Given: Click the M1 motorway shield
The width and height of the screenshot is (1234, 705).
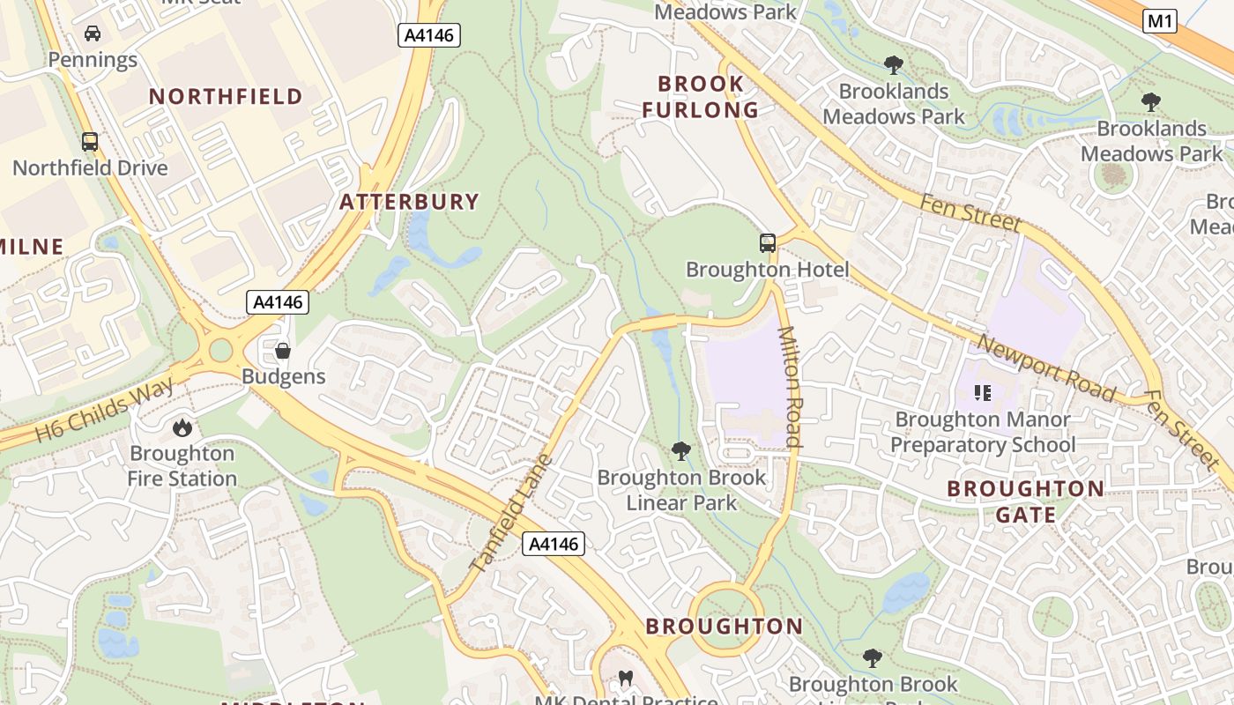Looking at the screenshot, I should click(x=1160, y=21).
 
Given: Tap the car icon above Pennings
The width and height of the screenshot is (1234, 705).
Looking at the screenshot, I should click(x=93, y=34).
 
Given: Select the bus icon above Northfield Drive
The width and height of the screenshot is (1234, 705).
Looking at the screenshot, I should click(x=90, y=142).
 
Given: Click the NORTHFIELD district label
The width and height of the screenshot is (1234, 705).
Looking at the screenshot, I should click(x=226, y=97).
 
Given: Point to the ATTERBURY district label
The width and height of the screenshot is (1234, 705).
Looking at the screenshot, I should click(x=409, y=202).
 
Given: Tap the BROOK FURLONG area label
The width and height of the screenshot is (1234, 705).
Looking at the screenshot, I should click(x=700, y=97).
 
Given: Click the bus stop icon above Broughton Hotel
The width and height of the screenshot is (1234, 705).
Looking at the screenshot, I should click(x=768, y=243).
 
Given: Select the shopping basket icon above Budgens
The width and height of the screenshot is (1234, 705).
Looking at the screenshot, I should click(x=283, y=351).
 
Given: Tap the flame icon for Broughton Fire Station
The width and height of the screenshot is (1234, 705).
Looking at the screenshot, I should click(x=182, y=428).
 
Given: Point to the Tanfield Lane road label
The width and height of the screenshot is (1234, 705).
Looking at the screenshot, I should click(x=511, y=513).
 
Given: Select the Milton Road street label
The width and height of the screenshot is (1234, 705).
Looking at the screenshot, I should click(x=790, y=387).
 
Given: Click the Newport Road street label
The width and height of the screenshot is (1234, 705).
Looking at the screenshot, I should click(x=1046, y=368).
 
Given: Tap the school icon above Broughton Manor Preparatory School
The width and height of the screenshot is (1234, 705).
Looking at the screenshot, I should click(x=983, y=393).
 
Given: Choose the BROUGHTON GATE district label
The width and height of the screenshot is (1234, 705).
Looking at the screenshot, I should click(x=1025, y=501).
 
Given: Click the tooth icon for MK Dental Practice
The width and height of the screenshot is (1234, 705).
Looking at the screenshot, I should click(x=627, y=679).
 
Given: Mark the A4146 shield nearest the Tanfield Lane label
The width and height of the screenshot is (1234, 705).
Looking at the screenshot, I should click(x=554, y=544).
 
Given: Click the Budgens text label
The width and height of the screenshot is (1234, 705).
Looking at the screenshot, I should click(x=284, y=376).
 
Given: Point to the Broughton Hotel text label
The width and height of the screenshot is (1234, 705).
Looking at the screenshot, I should click(x=767, y=270).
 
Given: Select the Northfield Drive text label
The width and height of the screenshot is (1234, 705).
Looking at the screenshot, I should click(x=90, y=167).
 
